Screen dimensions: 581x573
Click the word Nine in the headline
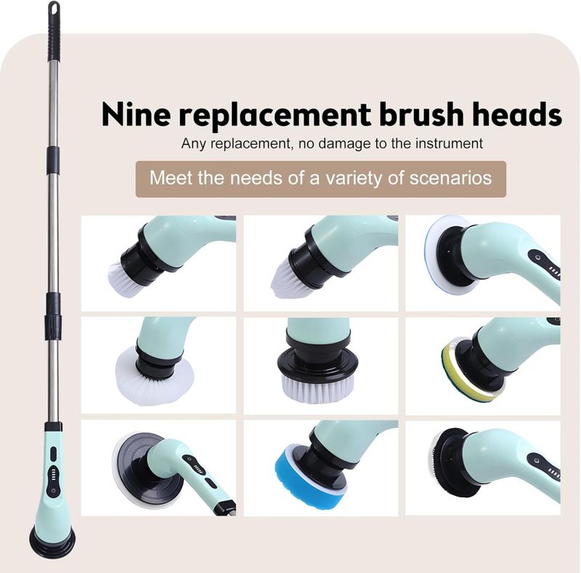coord(136,114)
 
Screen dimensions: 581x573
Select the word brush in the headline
coord(421,114)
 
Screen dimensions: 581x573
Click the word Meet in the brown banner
coord(171,177)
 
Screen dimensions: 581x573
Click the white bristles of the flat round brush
coord(317,389)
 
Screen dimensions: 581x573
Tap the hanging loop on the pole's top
coord(54,8)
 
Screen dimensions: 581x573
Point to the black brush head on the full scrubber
coord(52,542)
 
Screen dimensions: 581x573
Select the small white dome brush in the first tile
coord(122,279)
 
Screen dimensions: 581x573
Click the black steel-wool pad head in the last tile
coord(450,462)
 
